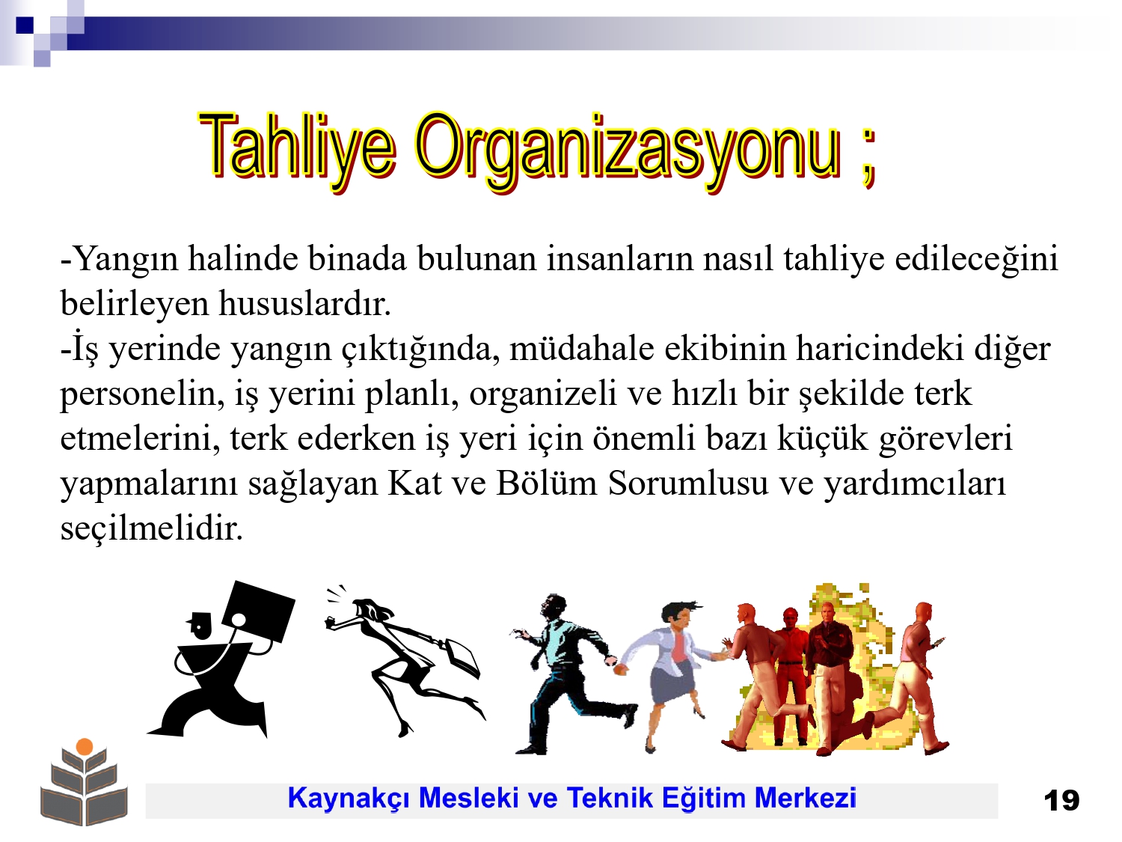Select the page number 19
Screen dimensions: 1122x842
coord(1061,801)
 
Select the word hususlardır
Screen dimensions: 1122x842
coord(305,303)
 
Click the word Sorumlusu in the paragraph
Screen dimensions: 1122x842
coord(688,483)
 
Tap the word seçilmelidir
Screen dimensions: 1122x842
coord(152,528)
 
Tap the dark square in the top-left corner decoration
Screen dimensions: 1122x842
coord(25,25)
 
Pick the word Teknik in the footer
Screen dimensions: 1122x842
coord(610,798)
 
